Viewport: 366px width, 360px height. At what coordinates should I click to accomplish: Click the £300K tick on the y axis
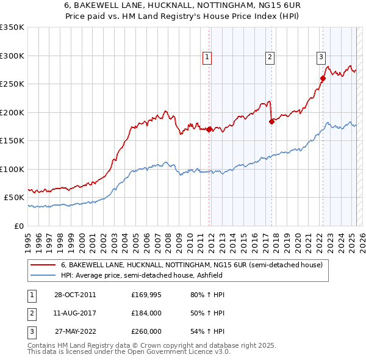point(12,56)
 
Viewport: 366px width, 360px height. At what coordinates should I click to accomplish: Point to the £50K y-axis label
point(14,198)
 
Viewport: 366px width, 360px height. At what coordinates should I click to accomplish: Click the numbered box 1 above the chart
point(207,57)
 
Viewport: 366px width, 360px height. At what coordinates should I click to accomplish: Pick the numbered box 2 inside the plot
point(270,57)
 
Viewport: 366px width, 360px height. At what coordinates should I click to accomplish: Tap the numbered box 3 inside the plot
point(321,57)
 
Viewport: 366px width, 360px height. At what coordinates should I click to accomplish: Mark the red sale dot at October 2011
point(209,129)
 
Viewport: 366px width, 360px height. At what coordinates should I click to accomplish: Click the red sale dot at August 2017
point(271,121)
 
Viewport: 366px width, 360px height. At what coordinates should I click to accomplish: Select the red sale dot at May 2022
point(323,78)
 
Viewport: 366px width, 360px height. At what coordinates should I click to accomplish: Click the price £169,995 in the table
point(146,295)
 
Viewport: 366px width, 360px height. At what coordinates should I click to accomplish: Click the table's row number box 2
point(30,313)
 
